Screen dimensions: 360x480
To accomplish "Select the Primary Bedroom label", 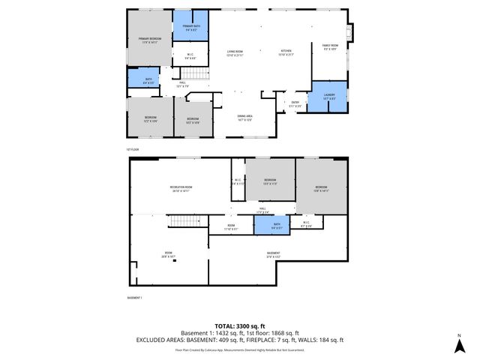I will coord(149,40).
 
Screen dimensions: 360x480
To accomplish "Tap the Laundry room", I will coord(328,97).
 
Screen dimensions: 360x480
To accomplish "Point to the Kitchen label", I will coord(286,52).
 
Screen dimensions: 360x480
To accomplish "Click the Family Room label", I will coord(330,47).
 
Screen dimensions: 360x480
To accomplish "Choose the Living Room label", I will coord(235,52).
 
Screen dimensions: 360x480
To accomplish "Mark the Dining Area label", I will coord(244,116).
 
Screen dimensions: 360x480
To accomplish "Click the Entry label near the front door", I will coord(295,104).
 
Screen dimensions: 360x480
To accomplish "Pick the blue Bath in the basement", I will coord(276,224).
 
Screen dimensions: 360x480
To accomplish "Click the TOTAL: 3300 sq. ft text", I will coord(240,325).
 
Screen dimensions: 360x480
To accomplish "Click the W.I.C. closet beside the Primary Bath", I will coord(190,55).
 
